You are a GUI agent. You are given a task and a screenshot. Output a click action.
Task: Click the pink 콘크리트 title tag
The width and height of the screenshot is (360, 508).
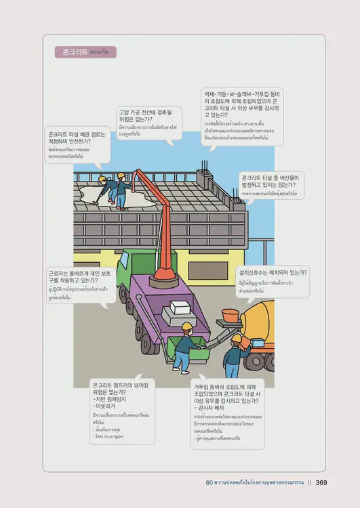(85, 51)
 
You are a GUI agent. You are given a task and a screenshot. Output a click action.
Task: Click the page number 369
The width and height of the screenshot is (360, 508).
(321, 483)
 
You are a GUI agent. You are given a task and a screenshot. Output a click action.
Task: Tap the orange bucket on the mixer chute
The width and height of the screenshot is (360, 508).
(228, 316)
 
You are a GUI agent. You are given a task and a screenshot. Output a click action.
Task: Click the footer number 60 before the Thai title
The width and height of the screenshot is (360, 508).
(209, 483)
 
